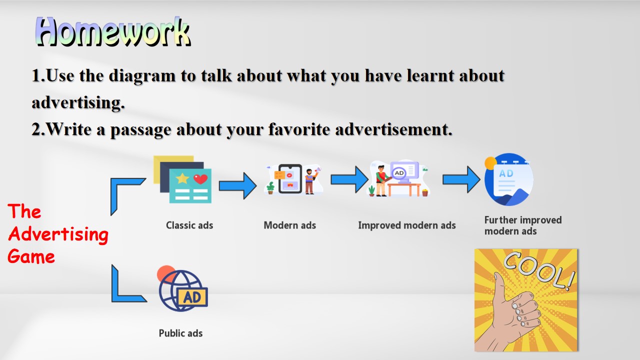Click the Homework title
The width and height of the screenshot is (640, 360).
pyautogui.click(x=113, y=31)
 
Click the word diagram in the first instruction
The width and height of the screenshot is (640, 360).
pyautogui.click(x=142, y=76)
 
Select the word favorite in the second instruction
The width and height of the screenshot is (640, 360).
pyautogui.click(x=299, y=129)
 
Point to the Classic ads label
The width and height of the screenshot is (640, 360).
pyautogui.click(x=189, y=225)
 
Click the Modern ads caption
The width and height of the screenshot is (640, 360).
pyautogui.click(x=289, y=225)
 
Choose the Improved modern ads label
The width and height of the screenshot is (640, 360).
pyautogui.click(x=407, y=225)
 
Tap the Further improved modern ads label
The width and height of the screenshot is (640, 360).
pyautogui.click(x=523, y=225)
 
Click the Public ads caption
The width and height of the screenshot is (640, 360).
pyautogui.click(x=180, y=333)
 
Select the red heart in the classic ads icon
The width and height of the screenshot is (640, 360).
pyautogui.click(x=200, y=179)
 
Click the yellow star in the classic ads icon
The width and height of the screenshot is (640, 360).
pyautogui.click(x=182, y=178)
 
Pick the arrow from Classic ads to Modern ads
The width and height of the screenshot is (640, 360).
pyautogui.click(x=237, y=185)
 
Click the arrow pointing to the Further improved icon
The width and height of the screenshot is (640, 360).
pyautogui.click(x=461, y=179)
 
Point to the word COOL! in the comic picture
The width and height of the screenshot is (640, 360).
pyautogui.click(x=539, y=270)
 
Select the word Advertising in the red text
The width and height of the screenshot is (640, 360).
pyautogui.click(x=58, y=235)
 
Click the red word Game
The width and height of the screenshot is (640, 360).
pyautogui.click(x=31, y=256)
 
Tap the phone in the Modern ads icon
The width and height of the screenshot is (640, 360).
pyautogui.click(x=290, y=179)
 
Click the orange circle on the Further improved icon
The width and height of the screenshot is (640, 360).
pyautogui.click(x=490, y=163)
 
